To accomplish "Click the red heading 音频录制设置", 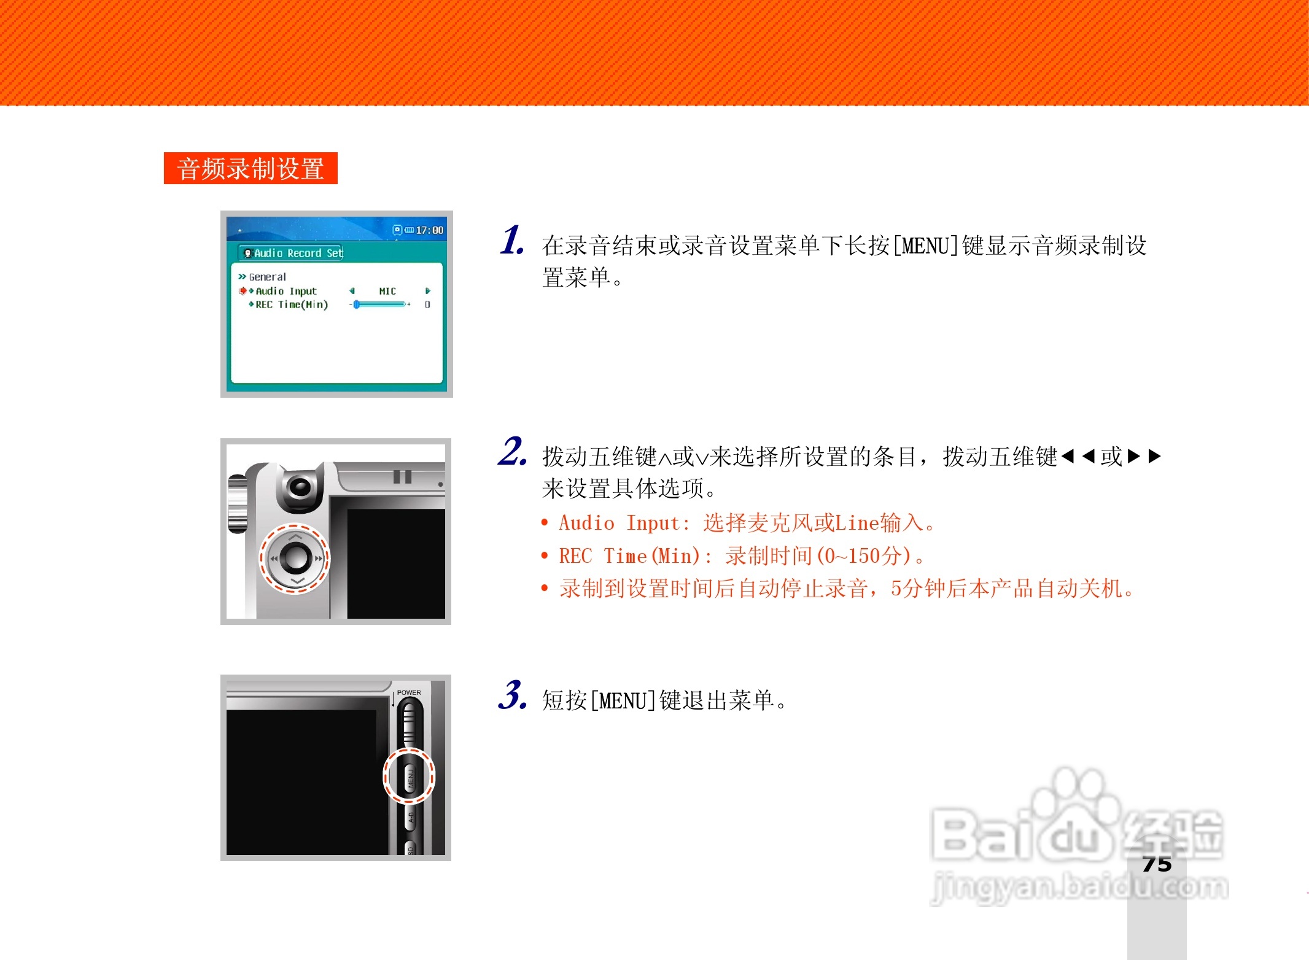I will [x=251, y=169].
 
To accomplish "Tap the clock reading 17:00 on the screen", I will [x=429, y=230].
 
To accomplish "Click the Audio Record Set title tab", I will [x=292, y=253].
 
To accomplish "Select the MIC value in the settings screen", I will [x=387, y=291].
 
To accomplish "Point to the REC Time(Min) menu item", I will [x=292, y=304].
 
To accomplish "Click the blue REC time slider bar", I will [x=380, y=304].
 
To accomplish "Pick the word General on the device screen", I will [x=267, y=277].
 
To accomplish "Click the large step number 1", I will [x=511, y=240].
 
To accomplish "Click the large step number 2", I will [x=511, y=452].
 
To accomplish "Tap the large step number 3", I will [x=511, y=695].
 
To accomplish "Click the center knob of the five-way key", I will [x=295, y=557].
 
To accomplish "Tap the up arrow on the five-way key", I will [x=295, y=536].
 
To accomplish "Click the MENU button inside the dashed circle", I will [x=410, y=777].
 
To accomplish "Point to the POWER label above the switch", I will [x=409, y=692].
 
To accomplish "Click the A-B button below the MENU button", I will [x=411, y=818].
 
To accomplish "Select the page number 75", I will [x=1157, y=864].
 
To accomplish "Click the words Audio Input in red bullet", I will [x=620, y=523].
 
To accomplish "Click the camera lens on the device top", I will [x=300, y=487].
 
